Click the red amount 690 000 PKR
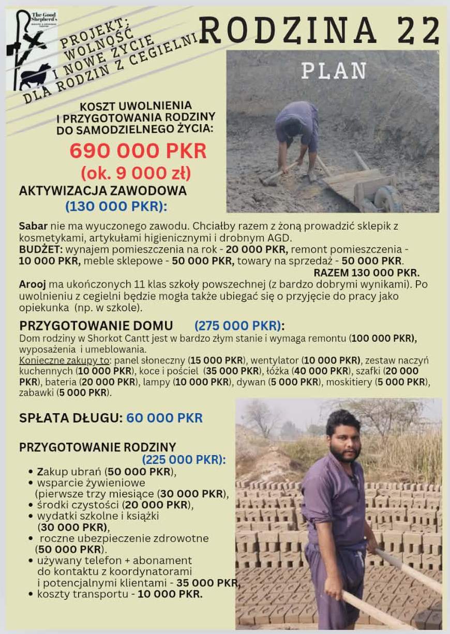(138, 150)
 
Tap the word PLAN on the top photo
(334, 71)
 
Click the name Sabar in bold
(33, 226)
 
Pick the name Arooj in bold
(33, 284)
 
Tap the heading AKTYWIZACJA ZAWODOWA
(102, 191)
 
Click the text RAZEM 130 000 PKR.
(366, 273)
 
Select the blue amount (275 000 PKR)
(239, 326)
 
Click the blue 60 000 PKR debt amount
(164, 418)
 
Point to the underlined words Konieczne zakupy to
(65, 360)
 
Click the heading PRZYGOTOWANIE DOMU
(96, 326)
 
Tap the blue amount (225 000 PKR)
(184, 460)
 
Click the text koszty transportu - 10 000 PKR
(119, 594)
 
